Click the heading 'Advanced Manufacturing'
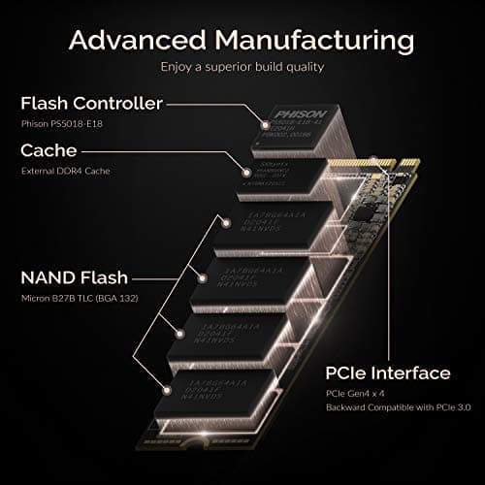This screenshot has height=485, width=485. pos(242,41)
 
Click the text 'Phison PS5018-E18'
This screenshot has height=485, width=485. pos(62,124)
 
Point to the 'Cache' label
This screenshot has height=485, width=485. pos(49,152)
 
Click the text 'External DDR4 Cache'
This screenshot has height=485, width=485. pos(65,172)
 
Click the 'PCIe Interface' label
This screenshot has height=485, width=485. pos(388,373)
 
